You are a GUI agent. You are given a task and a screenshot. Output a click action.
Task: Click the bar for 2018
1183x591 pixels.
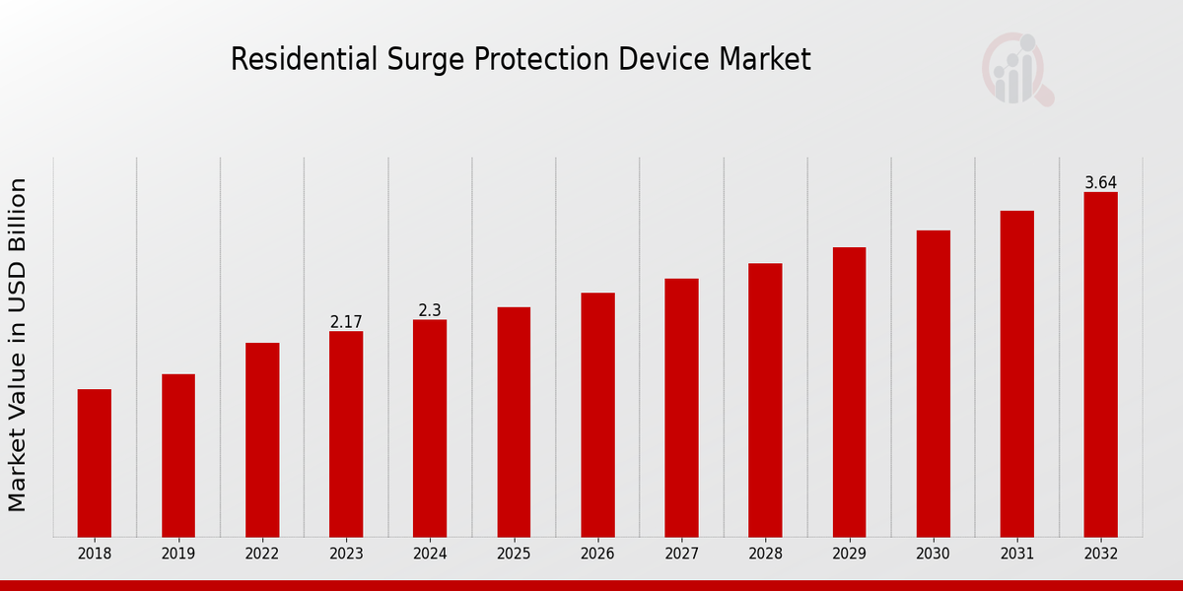pyautogui.click(x=95, y=463)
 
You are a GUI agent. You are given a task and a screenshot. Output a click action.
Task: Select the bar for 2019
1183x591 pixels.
pyautogui.click(x=178, y=455)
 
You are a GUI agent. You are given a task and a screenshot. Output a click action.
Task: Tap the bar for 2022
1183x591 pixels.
pyautogui.click(x=262, y=439)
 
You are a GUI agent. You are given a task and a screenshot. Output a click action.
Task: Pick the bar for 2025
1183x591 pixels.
pyautogui.click(x=514, y=422)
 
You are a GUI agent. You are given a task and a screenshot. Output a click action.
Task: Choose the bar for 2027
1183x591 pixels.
pyautogui.click(x=681, y=408)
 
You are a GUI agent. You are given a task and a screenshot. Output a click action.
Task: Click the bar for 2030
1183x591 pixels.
pyautogui.click(x=933, y=383)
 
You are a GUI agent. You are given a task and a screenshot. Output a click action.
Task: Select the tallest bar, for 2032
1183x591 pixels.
pyautogui.click(x=1100, y=364)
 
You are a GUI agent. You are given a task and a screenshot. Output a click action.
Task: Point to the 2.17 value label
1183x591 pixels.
pyautogui.click(x=346, y=322)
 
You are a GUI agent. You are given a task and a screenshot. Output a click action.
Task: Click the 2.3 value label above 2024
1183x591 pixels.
pyautogui.click(x=430, y=310)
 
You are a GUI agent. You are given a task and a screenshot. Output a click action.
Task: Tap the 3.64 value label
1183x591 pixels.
pyautogui.click(x=1100, y=183)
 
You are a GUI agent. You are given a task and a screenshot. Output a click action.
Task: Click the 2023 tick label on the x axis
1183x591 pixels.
pyautogui.click(x=346, y=554)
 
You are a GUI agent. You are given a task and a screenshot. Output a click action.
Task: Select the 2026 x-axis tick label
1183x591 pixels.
pyautogui.click(x=597, y=554)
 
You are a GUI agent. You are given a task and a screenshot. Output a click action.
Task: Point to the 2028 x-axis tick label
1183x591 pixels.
pyautogui.click(x=765, y=554)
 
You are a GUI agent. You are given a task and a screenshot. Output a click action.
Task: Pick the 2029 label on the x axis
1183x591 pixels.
pyautogui.click(x=849, y=554)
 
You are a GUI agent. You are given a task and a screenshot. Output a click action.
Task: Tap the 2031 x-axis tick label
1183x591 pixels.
pyautogui.click(x=1016, y=554)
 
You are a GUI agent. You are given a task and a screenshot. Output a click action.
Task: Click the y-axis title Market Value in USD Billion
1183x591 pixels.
pyautogui.click(x=18, y=345)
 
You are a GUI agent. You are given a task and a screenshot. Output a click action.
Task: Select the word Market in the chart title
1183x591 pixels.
pyautogui.click(x=764, y=60)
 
